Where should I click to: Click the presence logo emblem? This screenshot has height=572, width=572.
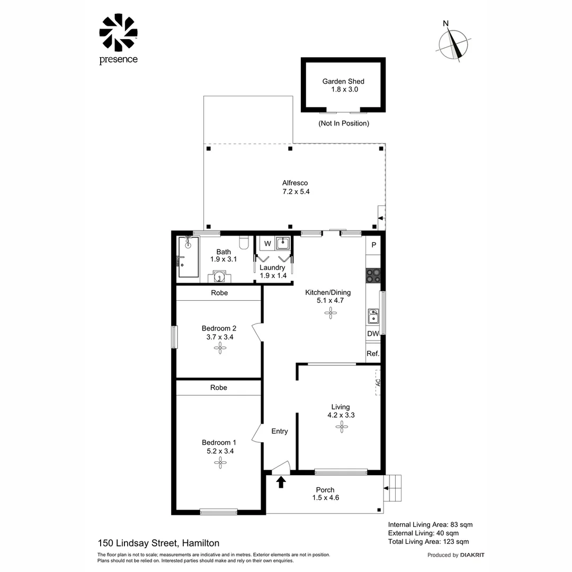(x=118, y=33)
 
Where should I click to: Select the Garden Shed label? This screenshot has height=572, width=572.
(x=343, y=85)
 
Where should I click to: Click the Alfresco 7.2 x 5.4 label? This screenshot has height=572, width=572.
(x=295, y=187)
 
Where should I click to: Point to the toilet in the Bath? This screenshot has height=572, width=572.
(x=244, y=242)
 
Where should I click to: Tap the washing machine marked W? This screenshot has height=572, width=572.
(x=267, y=244)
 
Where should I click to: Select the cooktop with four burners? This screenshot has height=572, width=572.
(x=373, y=275)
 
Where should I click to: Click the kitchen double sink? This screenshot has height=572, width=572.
(x=373, y=316)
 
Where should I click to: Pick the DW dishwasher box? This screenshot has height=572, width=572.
(x=373, y=334)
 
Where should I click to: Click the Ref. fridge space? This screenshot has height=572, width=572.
(x=373, y=353)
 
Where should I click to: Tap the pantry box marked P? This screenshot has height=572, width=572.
(x=373, y=245)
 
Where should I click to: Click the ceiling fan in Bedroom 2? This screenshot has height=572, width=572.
(x=219, y=348)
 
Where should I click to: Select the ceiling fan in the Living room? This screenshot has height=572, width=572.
(x=340, y=427)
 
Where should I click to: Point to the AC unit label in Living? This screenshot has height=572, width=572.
(x=378, y=382)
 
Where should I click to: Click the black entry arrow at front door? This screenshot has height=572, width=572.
(x=281, y=481)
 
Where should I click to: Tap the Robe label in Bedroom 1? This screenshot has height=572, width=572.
(x=218, y=388)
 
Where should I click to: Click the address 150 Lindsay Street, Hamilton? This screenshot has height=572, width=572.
(x=158, y=543)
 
